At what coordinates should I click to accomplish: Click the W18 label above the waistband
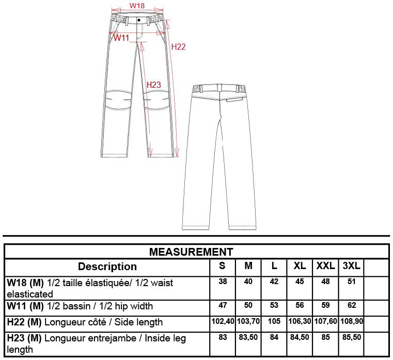tap(137, 6)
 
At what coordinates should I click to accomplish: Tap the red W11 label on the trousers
tap(121, 38)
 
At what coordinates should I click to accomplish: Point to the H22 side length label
tap(179, 47)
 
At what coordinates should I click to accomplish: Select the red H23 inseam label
tap(154, 85)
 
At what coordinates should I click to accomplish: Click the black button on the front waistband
tap(138, 20)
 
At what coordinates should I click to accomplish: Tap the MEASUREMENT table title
tap(191, 252)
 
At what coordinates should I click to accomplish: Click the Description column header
tap(107, 267)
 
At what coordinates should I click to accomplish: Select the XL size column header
tap(300, 265)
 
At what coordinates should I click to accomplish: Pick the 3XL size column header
tap(351, 265)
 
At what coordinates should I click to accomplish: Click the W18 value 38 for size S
tap(223, 281)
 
